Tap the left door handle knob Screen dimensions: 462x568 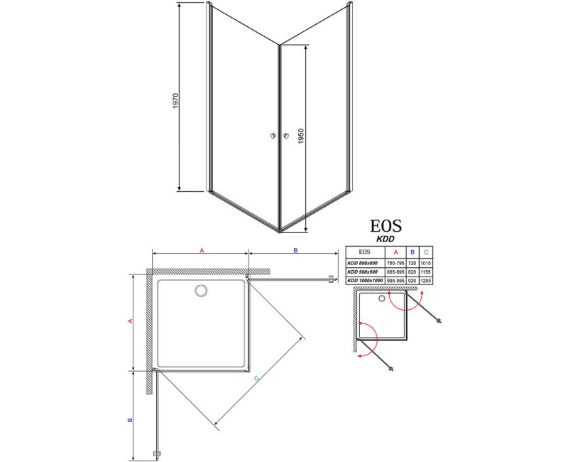click(x=273, y=136)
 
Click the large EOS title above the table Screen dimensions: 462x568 click(x=386, y=226)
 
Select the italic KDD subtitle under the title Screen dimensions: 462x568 click(x=386, y=240)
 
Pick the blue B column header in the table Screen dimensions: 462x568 click(x=412, y=252)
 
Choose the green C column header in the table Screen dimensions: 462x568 click(x=425, y=252)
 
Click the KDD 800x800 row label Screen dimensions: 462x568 click(x=364, y=262)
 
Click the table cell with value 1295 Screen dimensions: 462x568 click(x=425, y=281)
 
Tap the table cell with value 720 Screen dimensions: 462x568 click(x=412, y=262)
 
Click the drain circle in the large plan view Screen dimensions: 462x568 click(x=200, y=290)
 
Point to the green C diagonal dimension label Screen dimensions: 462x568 click(x=256, y=379)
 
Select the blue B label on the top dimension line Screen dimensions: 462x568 click(x=295, y=250)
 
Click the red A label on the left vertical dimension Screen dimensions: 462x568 click(x=131, y=321)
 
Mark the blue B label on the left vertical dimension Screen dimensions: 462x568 click(x=131, y=420)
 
